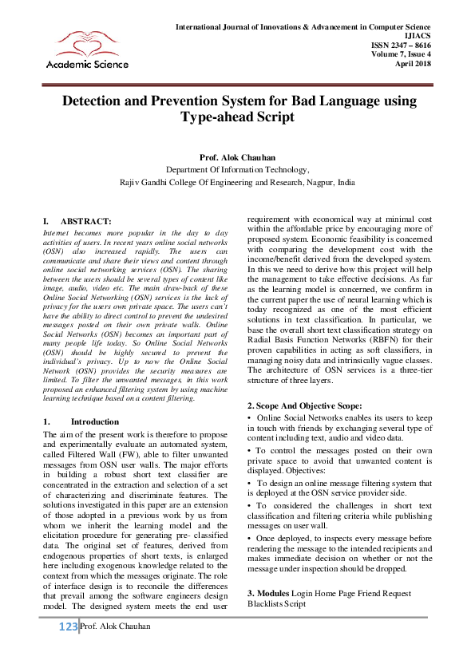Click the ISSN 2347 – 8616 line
402,46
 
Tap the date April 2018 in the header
414,64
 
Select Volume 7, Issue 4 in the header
402,55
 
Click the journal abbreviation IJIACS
418,37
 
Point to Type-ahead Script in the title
237,117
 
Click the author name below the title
237,157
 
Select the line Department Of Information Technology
237,170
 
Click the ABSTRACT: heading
85,220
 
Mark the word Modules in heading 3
274,593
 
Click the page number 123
68,627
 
